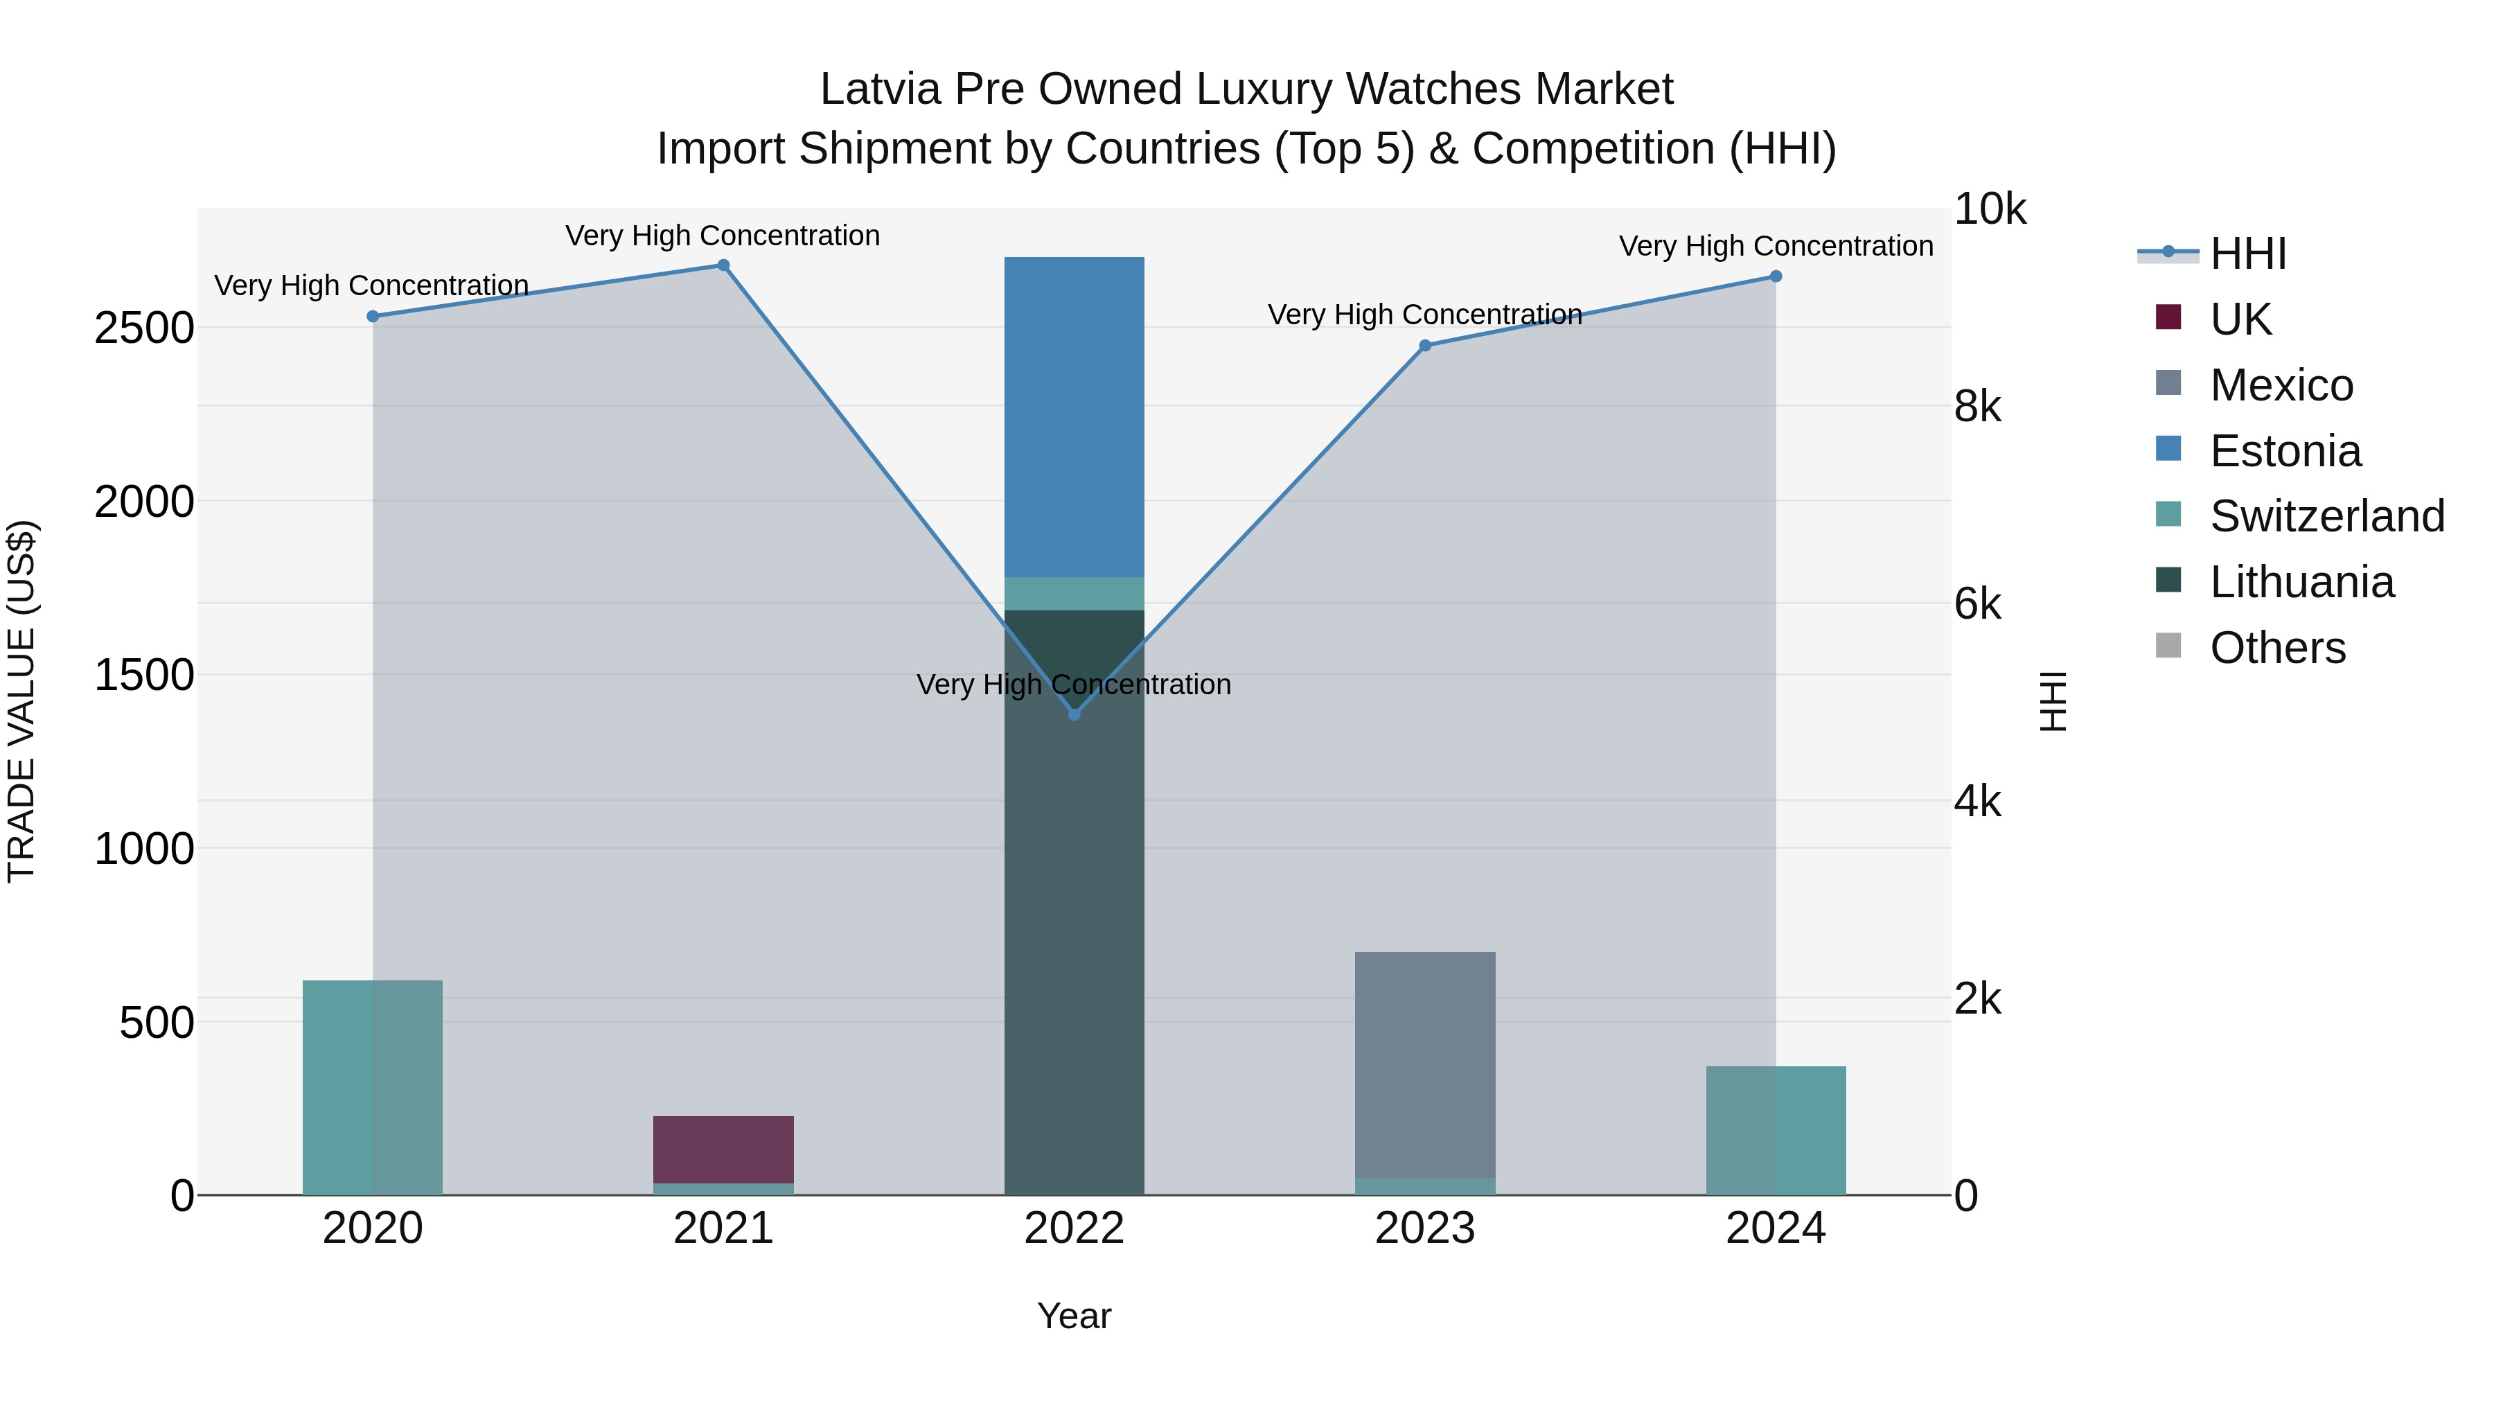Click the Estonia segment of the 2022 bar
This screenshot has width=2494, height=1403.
pos(1074,416)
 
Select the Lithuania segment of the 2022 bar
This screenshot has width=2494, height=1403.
pos(1074,901)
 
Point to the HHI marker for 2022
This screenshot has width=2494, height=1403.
pos(1074,714)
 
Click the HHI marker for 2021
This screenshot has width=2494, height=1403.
pos(723,265)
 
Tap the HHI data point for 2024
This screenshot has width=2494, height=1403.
pos(1776,276)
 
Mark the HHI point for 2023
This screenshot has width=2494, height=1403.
pos(1425,346)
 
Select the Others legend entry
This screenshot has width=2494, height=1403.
pos(2276,648)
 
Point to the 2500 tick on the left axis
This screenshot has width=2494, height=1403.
pos(143,329)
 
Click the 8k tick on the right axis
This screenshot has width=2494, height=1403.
pos(1977,407)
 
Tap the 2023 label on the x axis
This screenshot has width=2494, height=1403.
pos(1424,1228)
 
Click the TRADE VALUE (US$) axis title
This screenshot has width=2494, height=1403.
pos(22,701)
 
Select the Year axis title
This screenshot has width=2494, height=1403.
pos(1074,1316)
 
